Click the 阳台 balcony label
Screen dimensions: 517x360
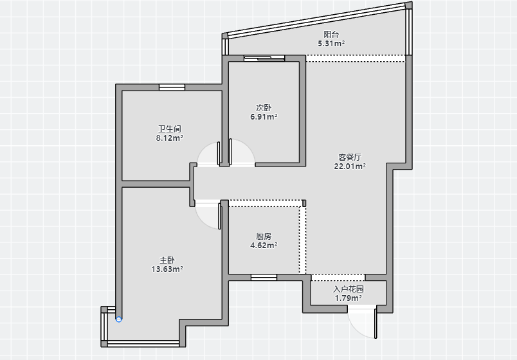pos(331,34)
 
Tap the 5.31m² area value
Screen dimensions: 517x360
pos(331,43)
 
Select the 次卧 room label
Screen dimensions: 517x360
pos(264,108)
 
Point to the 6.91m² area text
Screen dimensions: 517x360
pos(264,117)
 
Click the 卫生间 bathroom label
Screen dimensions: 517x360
pos(170,129)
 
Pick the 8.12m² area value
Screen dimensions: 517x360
pos(170,138)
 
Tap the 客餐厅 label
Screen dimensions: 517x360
pos(350,157)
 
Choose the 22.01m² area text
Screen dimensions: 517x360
pos(350,166)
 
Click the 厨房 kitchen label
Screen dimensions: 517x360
pos(264,237)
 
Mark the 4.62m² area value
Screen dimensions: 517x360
pos(264,246)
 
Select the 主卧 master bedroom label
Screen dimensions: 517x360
pos(167,260)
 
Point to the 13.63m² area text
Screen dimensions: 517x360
pos(167,269)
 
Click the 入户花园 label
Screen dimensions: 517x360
pos(349,289)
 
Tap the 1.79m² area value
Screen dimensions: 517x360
pos(349,298)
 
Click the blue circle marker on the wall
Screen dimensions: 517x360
pos(119,319)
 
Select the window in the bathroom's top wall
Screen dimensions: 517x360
pos(172,87)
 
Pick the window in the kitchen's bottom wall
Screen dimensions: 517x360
pos(264,278)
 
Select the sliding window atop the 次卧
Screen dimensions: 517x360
pos(264,59)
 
